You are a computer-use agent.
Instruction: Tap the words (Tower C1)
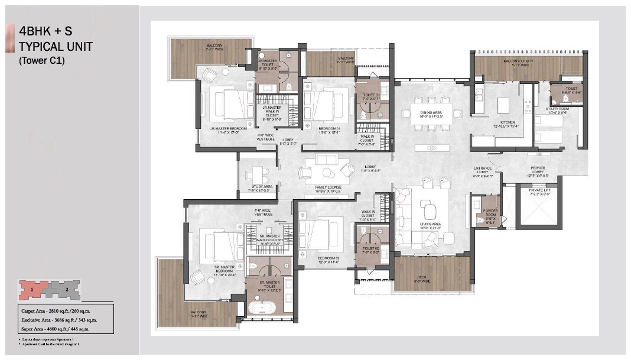coord(42,60)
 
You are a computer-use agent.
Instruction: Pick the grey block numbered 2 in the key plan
coord(67,290)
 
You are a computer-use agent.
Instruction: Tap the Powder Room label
coord(490,216)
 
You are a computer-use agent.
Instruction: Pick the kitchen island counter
coord(503,105)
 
